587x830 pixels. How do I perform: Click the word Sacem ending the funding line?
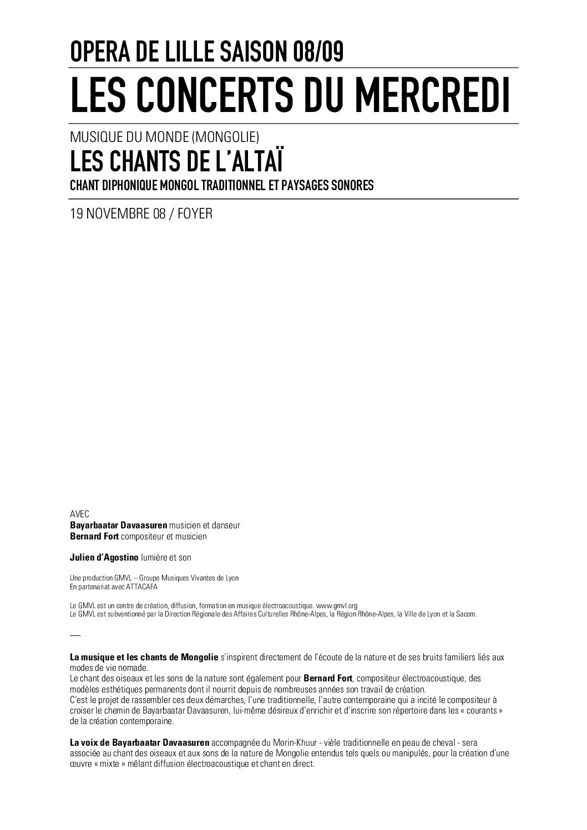click(465, 614)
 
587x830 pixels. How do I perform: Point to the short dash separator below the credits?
click(75, 634)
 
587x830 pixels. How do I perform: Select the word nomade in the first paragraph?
click(134, 667)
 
